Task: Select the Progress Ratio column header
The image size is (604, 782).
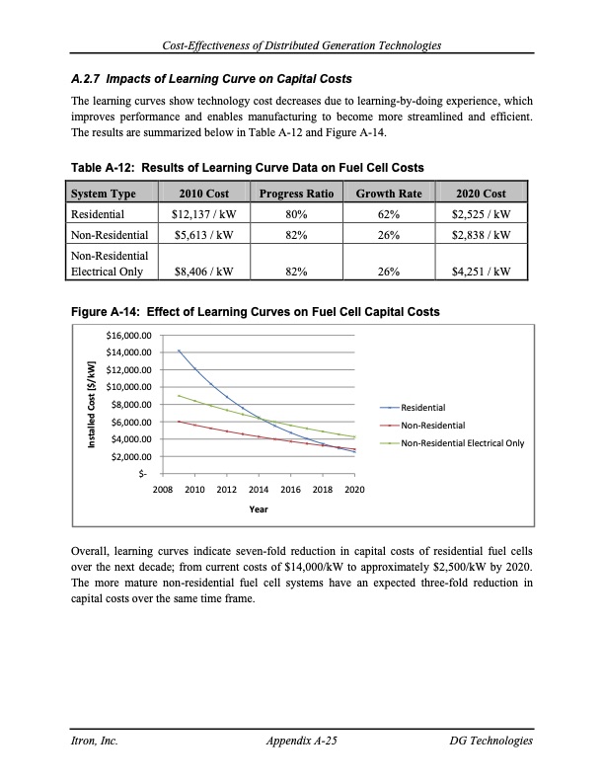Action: coord(294,193)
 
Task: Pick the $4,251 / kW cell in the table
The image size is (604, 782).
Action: coord(480,268)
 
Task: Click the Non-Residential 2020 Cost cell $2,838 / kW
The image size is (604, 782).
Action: coord(480,235)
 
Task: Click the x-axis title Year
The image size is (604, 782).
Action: coord(259,508)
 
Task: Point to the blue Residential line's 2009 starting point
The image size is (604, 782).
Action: coord(179,350)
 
